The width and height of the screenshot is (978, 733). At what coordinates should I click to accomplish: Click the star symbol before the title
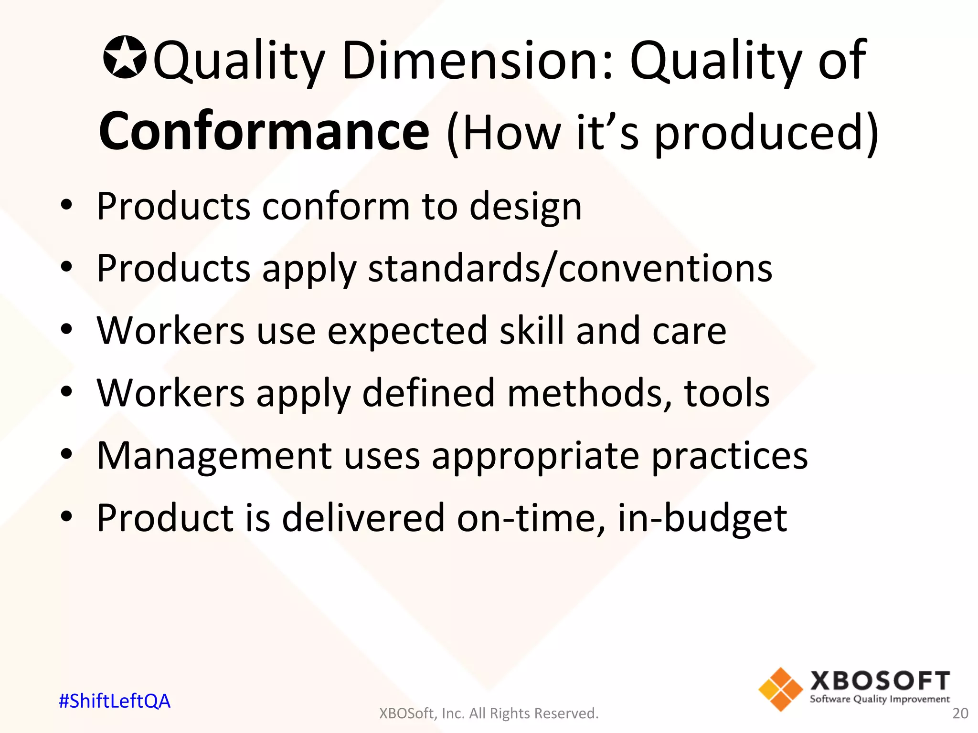pos(125,58)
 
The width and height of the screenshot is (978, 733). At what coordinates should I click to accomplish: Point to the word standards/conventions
pos(570,269)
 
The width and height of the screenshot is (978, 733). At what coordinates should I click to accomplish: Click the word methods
pos(589,393)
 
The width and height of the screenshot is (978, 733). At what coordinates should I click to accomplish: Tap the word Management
pos(214,456)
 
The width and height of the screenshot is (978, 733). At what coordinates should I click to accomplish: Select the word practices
pos(729,456)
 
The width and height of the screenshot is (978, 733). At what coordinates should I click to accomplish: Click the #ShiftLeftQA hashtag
pos(115,701)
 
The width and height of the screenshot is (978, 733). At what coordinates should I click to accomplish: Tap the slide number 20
pos(960,713)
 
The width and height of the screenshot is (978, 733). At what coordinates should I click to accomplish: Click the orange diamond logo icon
pos(780,689)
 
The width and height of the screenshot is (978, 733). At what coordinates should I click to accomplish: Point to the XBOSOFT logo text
pos(880,681)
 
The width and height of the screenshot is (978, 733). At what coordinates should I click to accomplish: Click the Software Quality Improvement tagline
pos(880,699)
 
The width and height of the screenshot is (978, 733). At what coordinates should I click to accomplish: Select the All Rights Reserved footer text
pos(489,713)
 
